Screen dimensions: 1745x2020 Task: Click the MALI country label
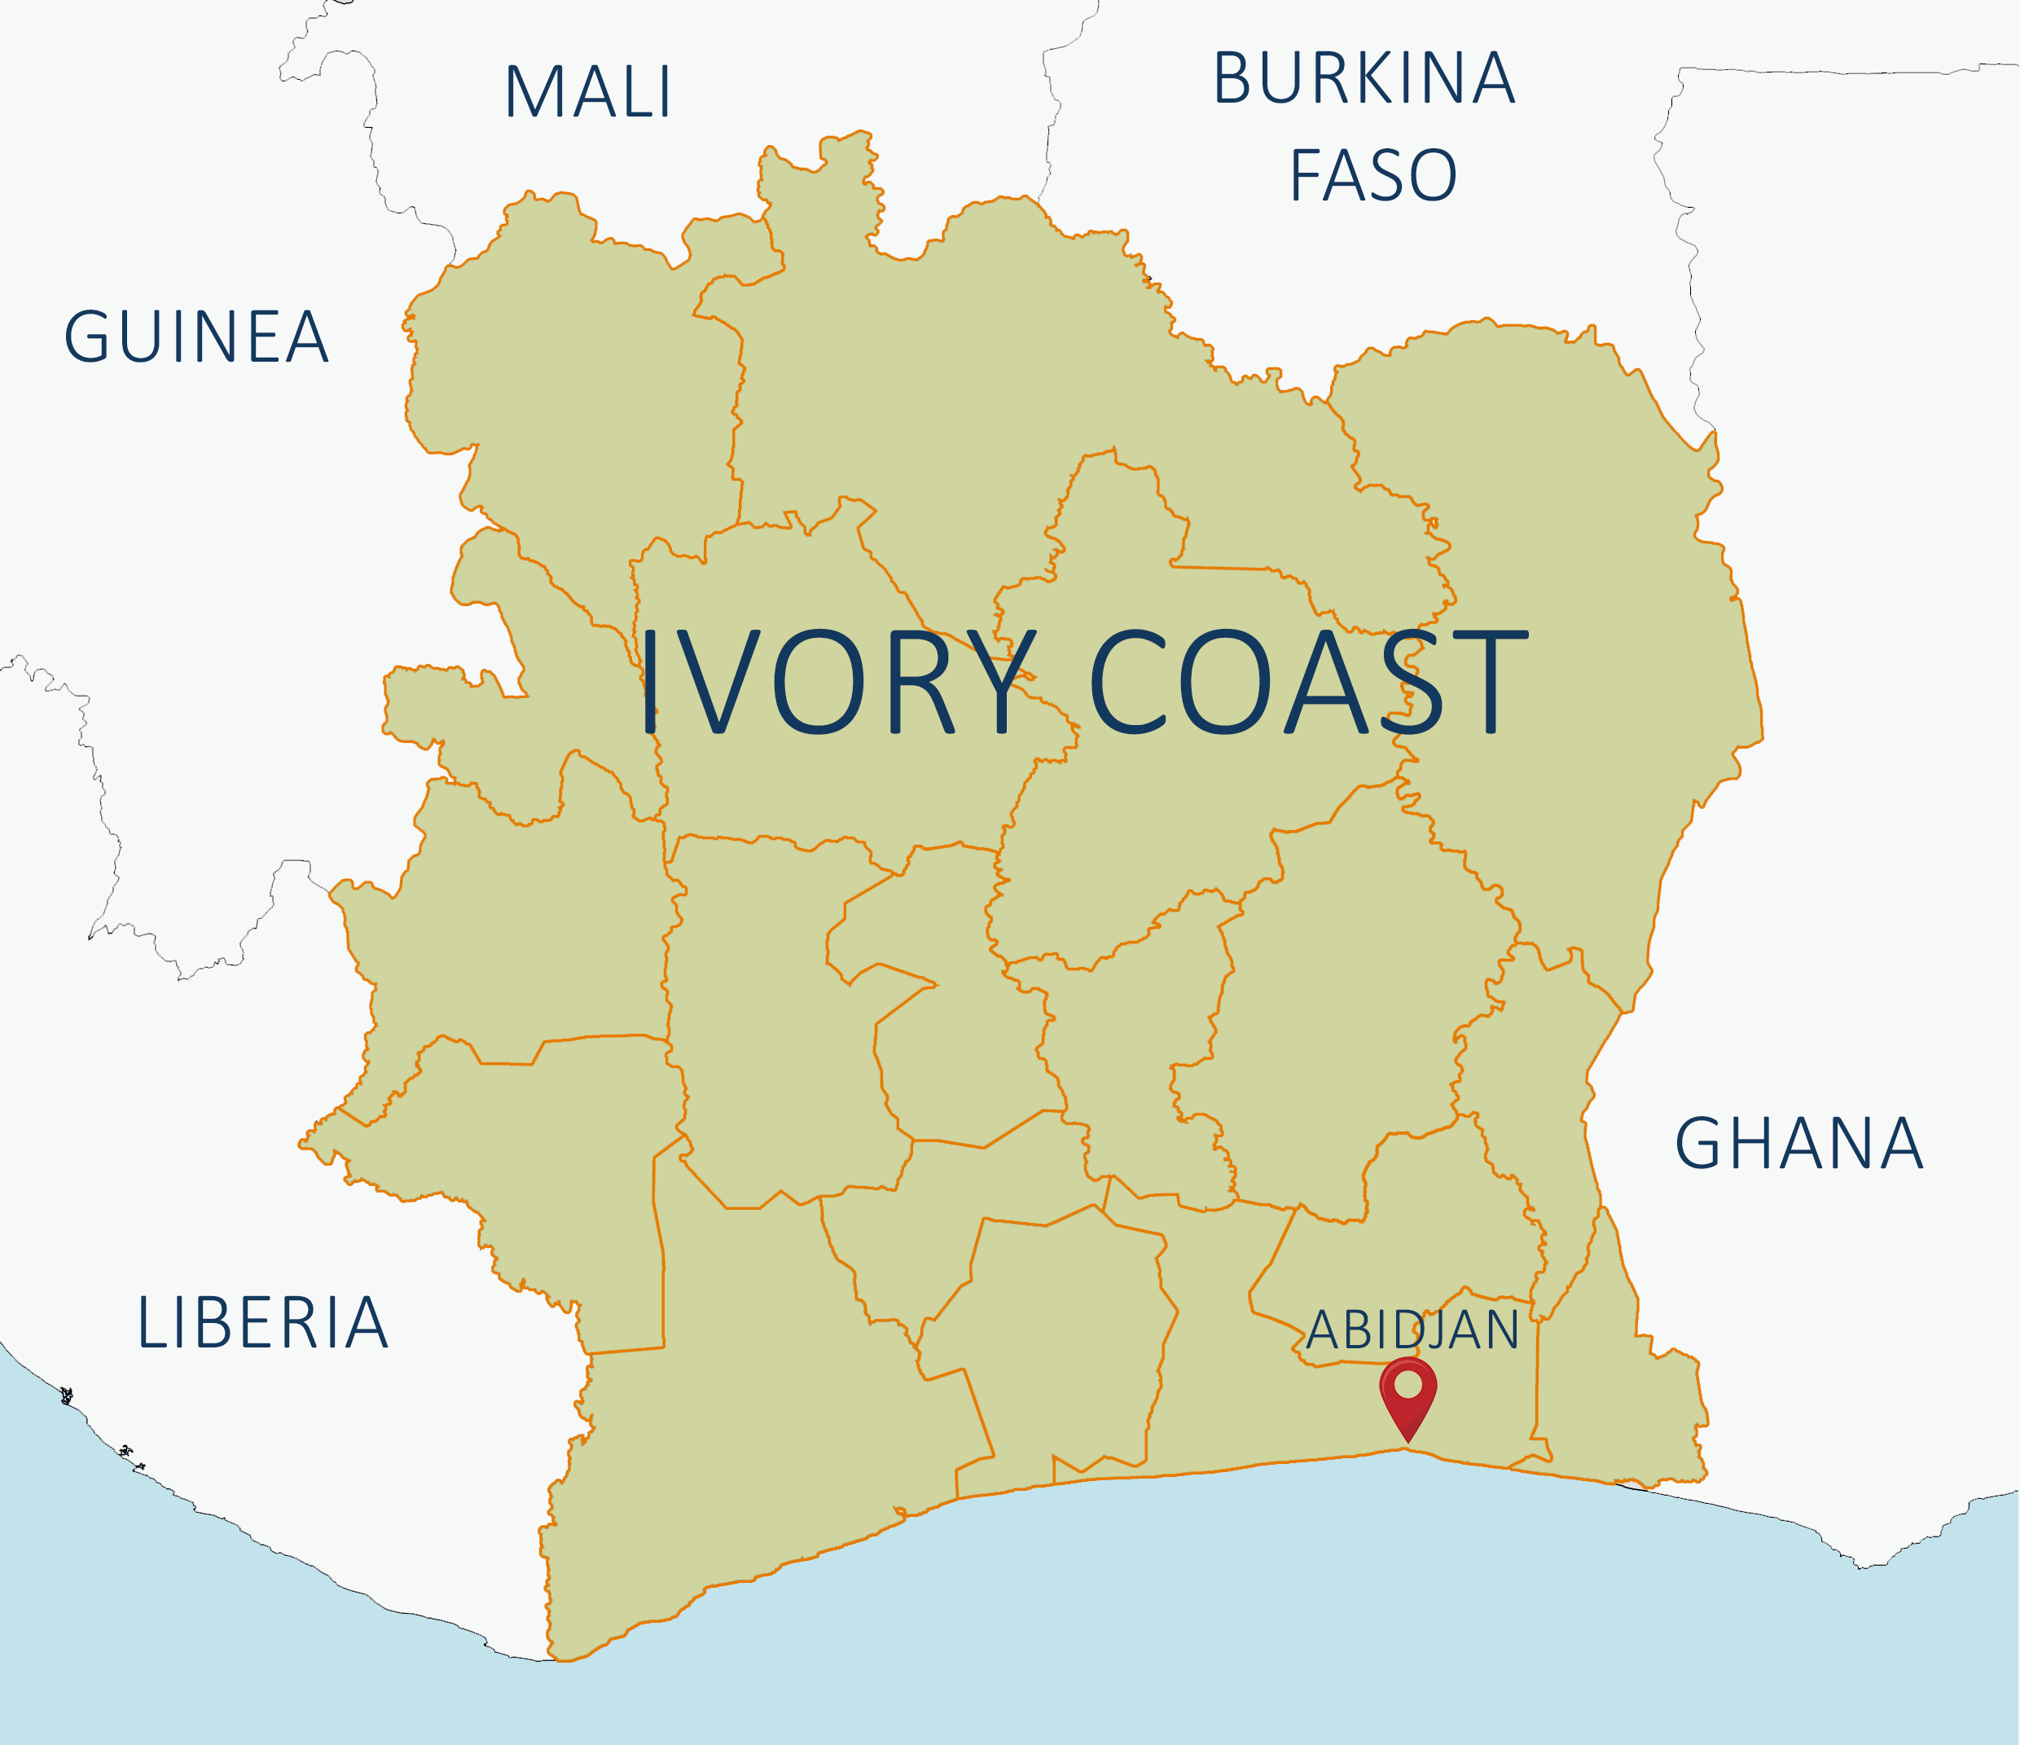[x=588, y=94]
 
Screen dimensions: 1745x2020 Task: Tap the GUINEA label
[x=196, y=338]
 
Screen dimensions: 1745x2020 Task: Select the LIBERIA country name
[x=262, y=1324]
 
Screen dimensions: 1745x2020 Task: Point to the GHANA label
[x=1798, y=1145]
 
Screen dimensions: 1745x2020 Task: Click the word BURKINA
[x=1363, y=79]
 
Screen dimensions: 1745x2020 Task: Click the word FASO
[x=1372, y=177]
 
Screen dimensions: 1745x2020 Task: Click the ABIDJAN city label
[x=1412, y=1330]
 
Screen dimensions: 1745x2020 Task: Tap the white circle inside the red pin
[x=1407, y=1383]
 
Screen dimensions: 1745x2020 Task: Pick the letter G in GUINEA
[x=86, y=338]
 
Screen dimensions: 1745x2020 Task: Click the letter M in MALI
[x=531, y=94]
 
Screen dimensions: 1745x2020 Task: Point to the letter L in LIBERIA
[x=151, y=1324]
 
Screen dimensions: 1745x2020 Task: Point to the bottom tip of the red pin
[x=1407, y=1441]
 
